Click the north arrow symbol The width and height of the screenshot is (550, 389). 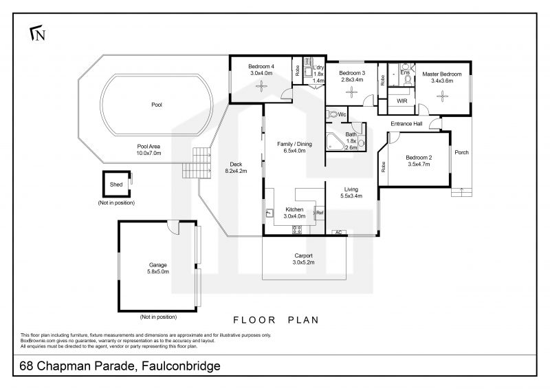pos(37,32)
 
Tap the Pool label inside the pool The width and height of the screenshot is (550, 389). pos(157,105)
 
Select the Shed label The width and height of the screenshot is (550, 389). pos(116,185)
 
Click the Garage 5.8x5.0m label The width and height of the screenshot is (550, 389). pos(158,268)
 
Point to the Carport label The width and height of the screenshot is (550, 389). pos(303,256)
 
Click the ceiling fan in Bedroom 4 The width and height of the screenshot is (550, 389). pos(261,86)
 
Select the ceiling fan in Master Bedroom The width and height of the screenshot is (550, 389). pos(442,96)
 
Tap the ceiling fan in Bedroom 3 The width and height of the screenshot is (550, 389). pos(351,92)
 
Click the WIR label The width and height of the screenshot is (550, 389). pos(401,101)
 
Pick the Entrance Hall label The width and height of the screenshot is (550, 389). pos(406,124)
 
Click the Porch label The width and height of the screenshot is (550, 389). pos(461,152)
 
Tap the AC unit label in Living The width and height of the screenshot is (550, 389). pos(339,232)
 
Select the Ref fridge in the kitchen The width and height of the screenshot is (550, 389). pos(320,213)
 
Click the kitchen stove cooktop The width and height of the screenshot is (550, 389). pos(297,229)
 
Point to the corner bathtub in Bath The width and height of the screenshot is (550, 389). pos(334,142)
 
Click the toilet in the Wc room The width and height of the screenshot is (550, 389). pos(331,114)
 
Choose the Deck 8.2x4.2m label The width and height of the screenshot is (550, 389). pos(236,167)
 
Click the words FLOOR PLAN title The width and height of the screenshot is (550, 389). pos(276,320)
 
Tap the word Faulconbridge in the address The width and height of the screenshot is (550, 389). pos(181,366)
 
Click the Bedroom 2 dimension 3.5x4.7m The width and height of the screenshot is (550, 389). pos(419,164)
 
